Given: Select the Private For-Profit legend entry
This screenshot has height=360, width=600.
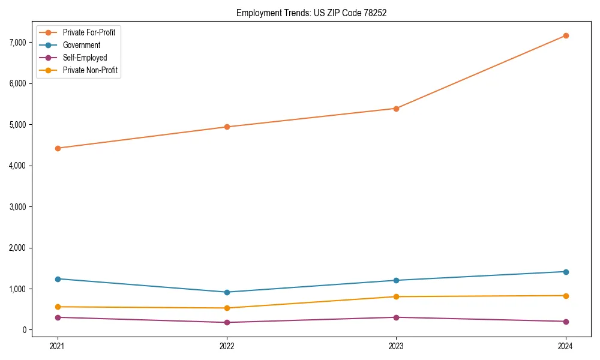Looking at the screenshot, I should (89, 32).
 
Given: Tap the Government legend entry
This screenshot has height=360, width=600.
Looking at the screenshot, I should (81, 45).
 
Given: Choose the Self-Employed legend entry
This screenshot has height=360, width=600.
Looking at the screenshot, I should (85, 58).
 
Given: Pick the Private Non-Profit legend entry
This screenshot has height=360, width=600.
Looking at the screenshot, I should (90, 70).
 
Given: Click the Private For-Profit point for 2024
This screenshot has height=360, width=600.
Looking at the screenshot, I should (565, 35).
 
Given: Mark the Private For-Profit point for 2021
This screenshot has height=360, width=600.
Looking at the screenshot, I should (58, 148).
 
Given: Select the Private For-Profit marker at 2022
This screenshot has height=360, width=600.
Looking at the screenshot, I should (227, 127).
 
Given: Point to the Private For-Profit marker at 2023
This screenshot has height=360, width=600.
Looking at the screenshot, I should (396, 109).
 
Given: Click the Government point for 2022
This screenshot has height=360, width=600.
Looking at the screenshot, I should (227, 292).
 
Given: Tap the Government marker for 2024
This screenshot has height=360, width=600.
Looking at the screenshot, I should (565, 272).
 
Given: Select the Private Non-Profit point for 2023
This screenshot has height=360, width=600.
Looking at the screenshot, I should (396, 296).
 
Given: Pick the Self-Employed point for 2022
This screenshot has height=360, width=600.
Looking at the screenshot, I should (227, 323).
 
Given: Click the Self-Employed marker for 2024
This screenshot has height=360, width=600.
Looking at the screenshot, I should (565, 322).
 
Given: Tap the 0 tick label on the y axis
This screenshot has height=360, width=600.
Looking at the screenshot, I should (24, 330).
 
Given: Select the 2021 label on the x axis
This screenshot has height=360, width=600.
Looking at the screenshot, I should (58, 346).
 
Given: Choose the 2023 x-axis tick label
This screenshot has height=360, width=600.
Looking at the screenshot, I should (396, 346).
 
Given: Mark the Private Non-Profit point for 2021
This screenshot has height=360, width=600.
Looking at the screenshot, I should (58, 307).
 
